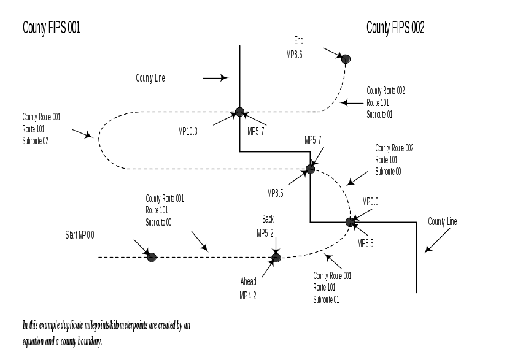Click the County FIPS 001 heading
tap(51, 28)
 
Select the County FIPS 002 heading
tap(395, 28)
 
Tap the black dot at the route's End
tap(346, 59)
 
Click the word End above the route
tap(298, 40)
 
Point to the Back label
tap(268, 220)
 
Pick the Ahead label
tap(248, 282)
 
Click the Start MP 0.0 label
tap(80, 235)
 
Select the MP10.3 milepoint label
tap(187, 131)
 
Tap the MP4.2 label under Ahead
tap(248, 296)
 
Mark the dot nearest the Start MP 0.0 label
tap(152, 257)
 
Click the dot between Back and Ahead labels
tap(276, 258)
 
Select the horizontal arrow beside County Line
tap(215, 78)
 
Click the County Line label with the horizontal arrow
tap(150, 79)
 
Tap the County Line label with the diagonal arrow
tap(443, 221)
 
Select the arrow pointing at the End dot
tap(332, 53)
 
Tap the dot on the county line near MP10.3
tap(240, 112)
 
